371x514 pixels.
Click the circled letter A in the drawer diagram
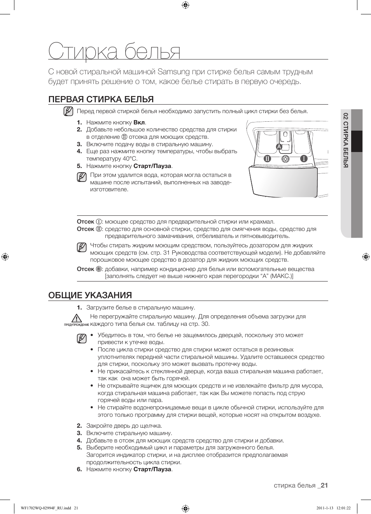click(x=278, y=146)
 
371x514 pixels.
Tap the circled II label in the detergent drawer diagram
click(x=267, y=159)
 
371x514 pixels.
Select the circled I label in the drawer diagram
click(x=303, y=159)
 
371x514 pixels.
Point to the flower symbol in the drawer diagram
click(x=285, y=159)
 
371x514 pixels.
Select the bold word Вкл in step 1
click(x=139, y=122)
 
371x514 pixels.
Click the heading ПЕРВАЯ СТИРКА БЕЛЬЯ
click(x=101, y=99)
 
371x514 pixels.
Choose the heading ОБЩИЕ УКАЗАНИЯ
click(x=90, y=295)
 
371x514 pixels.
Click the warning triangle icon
click(x=77, y=318)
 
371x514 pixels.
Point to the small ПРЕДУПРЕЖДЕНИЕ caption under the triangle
click(x=77, y=325)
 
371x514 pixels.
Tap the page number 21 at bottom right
click(x=324, y=485)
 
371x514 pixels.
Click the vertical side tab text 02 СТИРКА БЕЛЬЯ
click(x=345, y=140)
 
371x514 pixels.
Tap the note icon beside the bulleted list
click(x=82, y=339)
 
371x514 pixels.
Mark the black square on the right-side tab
click(x=357, y=141)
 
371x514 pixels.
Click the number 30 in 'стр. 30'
click(x=205, y=324)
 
